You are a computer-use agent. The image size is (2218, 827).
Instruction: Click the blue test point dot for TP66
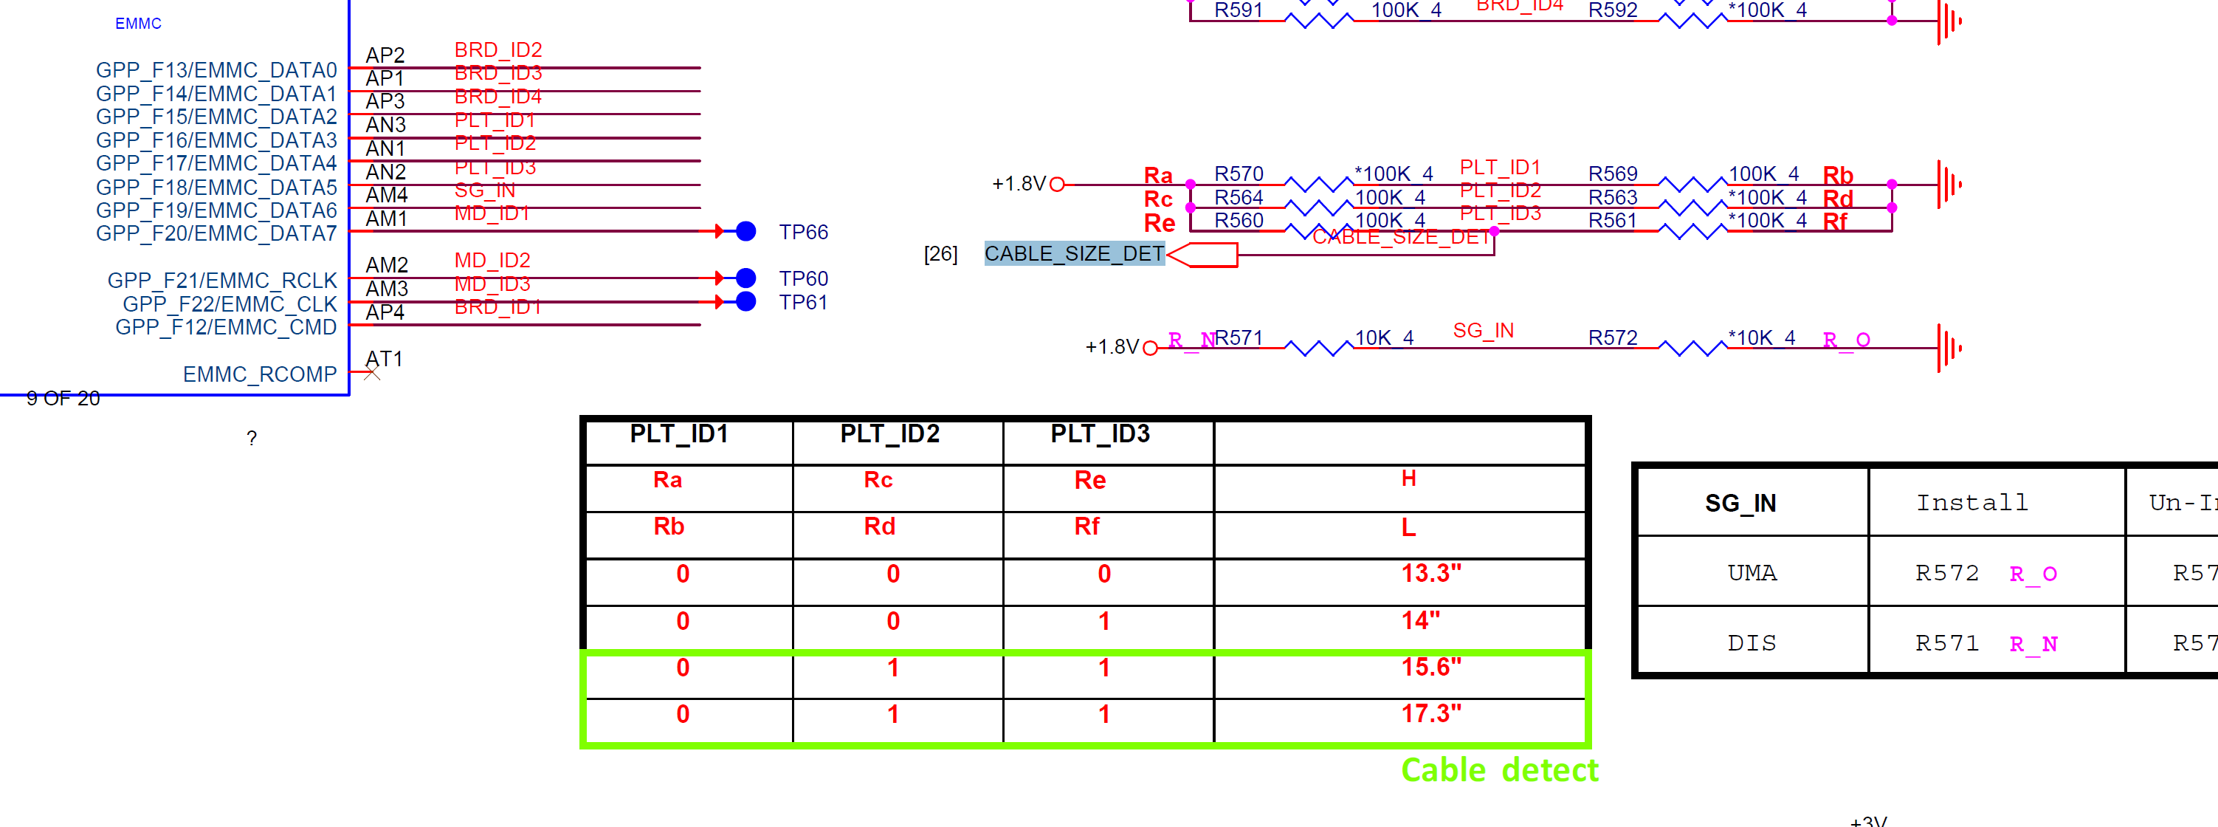pos(745,232)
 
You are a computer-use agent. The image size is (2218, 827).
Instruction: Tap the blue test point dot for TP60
pos(745,278)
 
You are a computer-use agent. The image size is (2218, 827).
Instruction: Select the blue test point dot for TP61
pos(745,301)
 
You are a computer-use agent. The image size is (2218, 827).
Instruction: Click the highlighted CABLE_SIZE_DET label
pos(1074,254)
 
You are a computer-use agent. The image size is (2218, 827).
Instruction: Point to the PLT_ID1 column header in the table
pos(678,434)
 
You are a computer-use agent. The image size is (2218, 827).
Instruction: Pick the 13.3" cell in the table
pos(1430,574)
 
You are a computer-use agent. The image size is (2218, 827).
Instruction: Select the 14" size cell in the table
pos(1420,621)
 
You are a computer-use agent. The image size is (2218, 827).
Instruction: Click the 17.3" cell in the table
pos(1430,714)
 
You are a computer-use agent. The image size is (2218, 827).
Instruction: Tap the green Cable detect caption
pos(1499,770)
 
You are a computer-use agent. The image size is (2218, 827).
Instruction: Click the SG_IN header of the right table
pos(1740,503)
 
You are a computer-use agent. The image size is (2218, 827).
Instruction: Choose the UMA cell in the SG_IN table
pos(1752,574)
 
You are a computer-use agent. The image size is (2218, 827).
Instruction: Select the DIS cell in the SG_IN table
pos(1752,644)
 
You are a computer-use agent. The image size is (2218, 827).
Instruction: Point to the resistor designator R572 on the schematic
pos(1612,337)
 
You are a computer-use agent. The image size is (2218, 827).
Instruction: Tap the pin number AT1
pos(384,358)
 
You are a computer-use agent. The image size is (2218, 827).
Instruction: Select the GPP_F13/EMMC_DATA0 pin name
pos(216,69)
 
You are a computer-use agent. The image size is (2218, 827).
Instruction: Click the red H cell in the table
pos(1408,479)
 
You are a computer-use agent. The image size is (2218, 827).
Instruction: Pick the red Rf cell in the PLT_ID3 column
pos(1086,526)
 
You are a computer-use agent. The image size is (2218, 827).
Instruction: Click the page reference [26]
pos(940,254)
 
